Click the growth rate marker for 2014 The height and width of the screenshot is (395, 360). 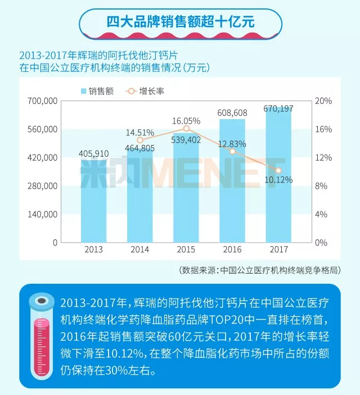click(140, 140)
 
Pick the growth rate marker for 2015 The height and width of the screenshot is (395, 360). click(186, 129)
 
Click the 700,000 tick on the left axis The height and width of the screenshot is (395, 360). click(43, 101)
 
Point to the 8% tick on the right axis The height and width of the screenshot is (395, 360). click(323, 186)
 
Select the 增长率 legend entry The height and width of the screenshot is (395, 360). click(145, 91)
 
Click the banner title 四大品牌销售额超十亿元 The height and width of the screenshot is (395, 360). click(180, 21)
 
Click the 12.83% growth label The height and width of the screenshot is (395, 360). click(230, 143)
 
